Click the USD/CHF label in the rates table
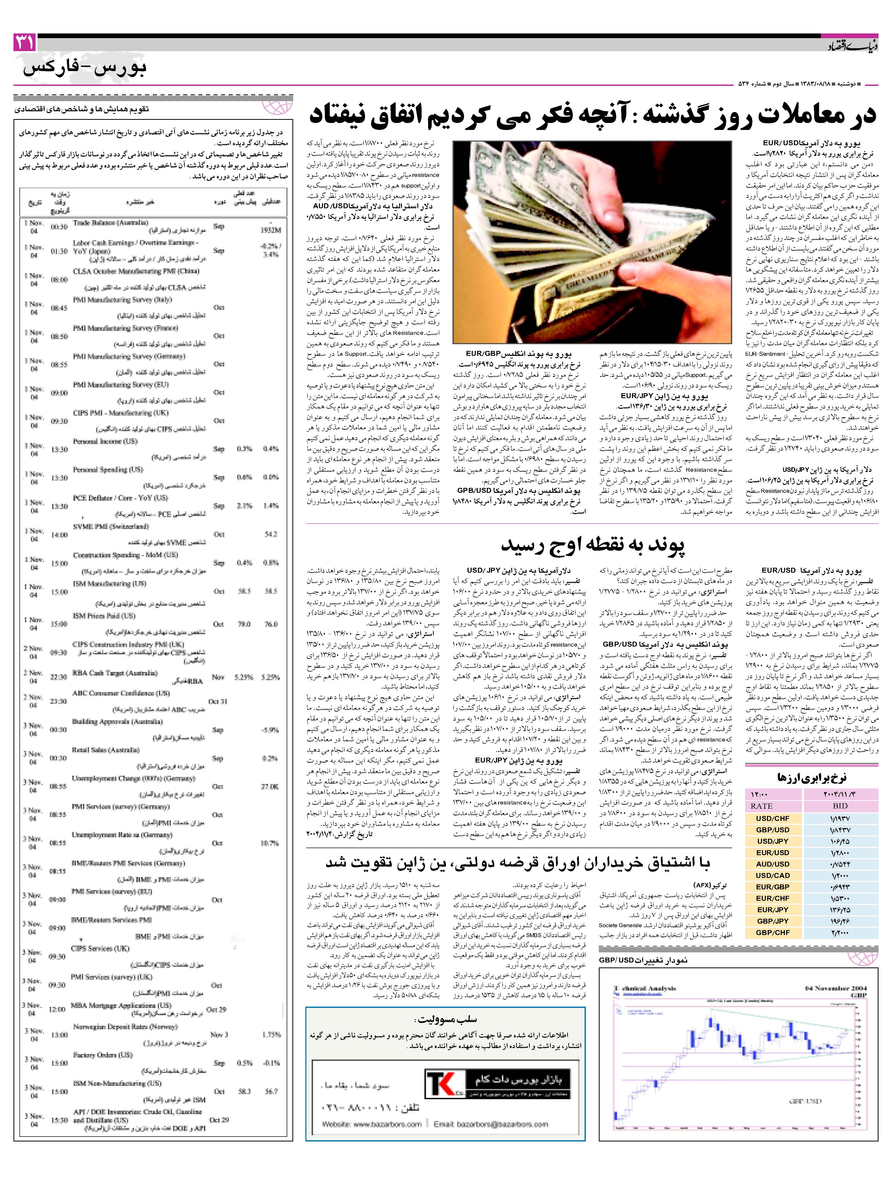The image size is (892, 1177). click(773, 818)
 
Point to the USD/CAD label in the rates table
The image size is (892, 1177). click(773, 875)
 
